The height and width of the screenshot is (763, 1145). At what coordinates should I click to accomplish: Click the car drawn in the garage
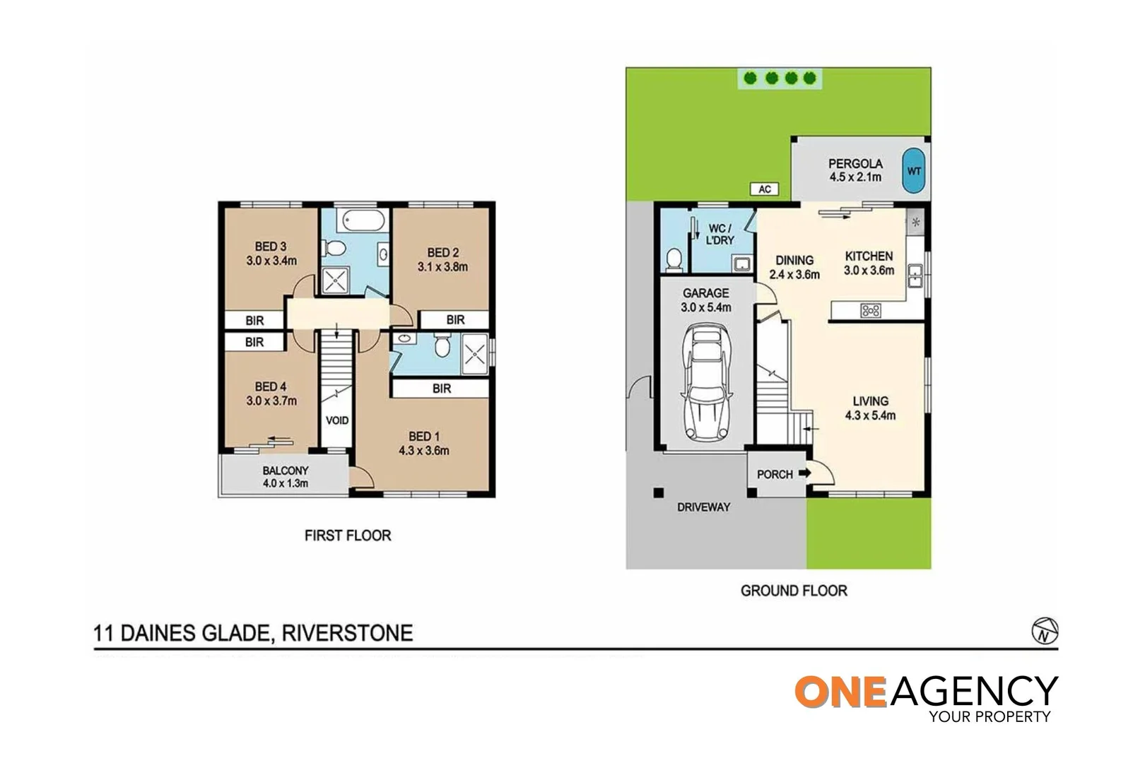click(705, 382)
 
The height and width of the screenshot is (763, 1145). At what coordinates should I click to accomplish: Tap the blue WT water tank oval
click(914, 170)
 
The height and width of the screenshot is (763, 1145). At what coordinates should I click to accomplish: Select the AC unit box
click(764, 189)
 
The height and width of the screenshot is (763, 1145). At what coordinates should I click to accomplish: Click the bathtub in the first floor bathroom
click(363, 220)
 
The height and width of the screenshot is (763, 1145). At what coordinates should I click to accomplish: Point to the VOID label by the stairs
click(337, 420)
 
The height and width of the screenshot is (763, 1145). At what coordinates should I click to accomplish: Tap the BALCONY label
click(286, 471)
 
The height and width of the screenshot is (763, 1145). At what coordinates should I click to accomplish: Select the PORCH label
click(774, 474)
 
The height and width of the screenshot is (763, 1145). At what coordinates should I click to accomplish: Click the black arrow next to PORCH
click(804, 473)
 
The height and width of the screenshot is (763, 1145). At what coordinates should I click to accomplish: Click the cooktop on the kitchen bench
click(870, 309)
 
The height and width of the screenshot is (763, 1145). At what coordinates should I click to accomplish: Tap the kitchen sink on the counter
click(915, 276)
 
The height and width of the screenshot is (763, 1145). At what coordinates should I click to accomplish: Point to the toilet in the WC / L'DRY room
click(674, 259)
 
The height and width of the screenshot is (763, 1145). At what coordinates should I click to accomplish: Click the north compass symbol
click(1044, 630)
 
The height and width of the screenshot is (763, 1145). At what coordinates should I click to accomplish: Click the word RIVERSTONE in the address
click(347, 632)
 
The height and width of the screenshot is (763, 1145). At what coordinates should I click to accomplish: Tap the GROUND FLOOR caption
click(793, 591)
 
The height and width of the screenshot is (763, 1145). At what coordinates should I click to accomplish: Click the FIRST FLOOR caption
click(347, 536)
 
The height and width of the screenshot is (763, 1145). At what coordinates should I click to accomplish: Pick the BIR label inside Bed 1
click(442, 389)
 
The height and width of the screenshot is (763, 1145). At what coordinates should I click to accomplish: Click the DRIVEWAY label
click(703, 507)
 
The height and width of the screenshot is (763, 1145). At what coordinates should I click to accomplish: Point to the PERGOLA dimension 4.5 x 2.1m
click(855, 177)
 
